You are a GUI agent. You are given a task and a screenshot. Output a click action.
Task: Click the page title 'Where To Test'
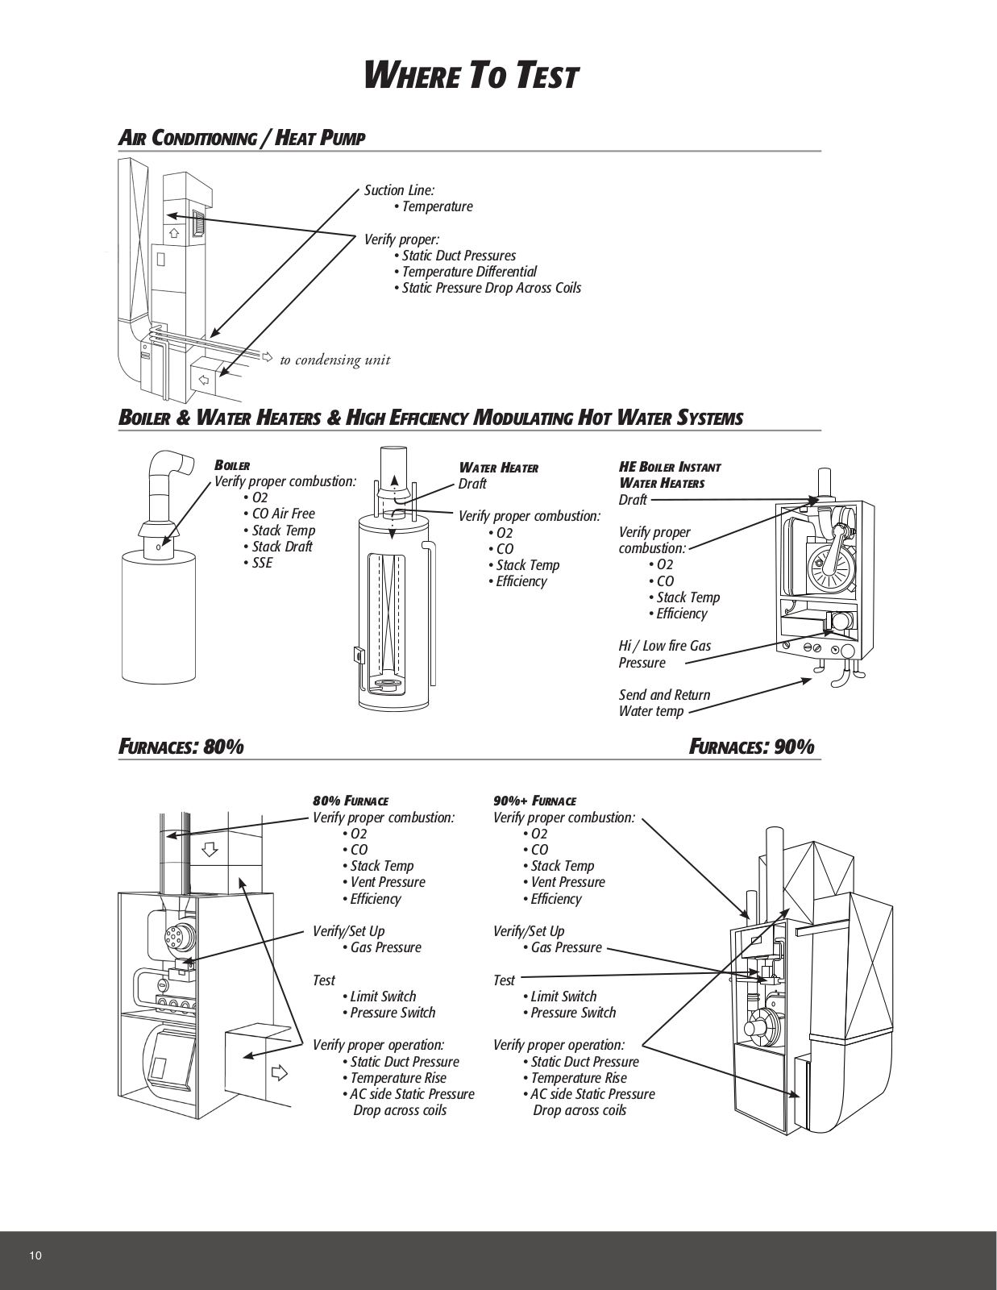pos(471,77)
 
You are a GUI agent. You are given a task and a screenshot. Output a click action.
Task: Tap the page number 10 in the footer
pos(35,1255)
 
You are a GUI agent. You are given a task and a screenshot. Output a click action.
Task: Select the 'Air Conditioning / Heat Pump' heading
pos(242,138)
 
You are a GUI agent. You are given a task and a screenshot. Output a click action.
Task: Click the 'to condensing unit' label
pos(334,360)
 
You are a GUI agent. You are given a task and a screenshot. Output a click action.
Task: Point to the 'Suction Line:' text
pos(399,190)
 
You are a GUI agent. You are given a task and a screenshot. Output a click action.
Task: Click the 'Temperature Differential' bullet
pos(469,272)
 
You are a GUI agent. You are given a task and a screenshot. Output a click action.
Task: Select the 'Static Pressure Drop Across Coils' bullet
pos(491,288)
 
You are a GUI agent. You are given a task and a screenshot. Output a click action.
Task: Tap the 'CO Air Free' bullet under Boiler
pos(283,514)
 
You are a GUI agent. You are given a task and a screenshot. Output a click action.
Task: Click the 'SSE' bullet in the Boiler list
pos(262,563)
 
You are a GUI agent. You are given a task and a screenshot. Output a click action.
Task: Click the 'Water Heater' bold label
pos(498,468)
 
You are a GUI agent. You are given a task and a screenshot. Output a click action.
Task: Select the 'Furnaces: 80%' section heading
pos(181,747)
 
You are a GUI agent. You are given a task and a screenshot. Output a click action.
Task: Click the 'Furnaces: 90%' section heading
pos(752,747)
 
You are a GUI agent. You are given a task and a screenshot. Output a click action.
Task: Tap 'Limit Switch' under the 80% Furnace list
pos(383,997)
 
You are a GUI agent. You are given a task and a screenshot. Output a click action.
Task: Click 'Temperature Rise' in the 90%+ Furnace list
pos(578,1078)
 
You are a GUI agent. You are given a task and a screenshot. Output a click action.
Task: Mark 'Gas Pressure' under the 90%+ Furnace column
pos(566,947)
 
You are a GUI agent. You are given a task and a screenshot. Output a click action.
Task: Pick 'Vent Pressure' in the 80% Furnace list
pos(387,882)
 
